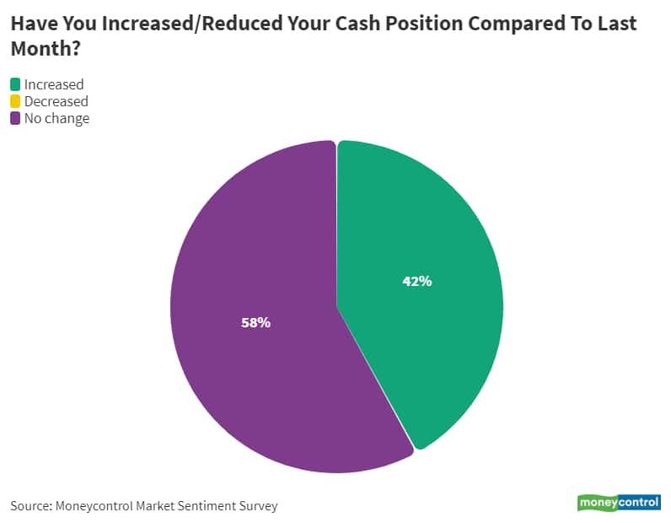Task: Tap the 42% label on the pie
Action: pyautogui.click(x=416, y=282)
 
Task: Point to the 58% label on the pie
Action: pyautogui.click(x=255, y=322)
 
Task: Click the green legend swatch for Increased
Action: pyautogui.click(x=15, y=84)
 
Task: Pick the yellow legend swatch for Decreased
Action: pyautogui.click(x=15, y=101)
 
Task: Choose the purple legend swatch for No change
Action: pyautogui.click(x=15, y=119)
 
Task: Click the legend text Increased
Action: pyautogui.click(x=54, y=84)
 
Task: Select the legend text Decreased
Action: pyautogui.click(x=56, y=101)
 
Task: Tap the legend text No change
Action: pyautogui.click(x=56, y=119)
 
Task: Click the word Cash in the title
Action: pyautogui.click(x=337, y=23)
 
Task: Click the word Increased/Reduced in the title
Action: pyautogui.click(x=173, y=23)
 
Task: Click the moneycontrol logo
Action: pyautogui.click(x=619, y=503)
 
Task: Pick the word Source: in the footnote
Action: pyautogui.click(x=30, y=506)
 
